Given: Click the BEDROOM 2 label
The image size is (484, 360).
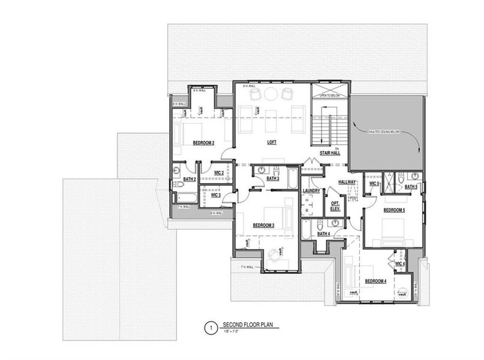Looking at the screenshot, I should pyautogui.click(x=203, y=143).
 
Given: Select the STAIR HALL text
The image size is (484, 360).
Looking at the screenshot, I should pyautogui.click(x=330, y=153).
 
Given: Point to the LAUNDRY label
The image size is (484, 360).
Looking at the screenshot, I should pyautogui.click(x=312, y=191).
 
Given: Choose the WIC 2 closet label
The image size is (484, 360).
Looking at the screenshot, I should pyautogui.click(x=219, y=173).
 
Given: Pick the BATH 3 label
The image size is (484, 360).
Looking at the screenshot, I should pyautogui.click(x=273, y=178).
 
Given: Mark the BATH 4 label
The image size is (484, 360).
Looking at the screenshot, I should pyautogui.click(x=324, y=233).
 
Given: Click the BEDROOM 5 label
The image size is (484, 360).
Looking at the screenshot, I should pyautogui.click(x=394, y=210).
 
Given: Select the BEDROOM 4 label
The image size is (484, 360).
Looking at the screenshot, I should pyautogui.click(x=375, y=281).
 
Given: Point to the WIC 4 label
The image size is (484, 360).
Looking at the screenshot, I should pyautogui.click(x=400, y=263).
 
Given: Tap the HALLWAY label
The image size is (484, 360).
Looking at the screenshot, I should pyautogui.click(x=347, y=181).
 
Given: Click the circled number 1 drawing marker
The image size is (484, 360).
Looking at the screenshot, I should pyautogui.click(x=210, y=328).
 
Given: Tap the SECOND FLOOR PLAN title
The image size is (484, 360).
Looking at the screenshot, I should pyautogui.click(x=247, y=325).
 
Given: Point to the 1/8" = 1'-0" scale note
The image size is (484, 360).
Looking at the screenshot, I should pyautogui.click(x=232, y=332).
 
